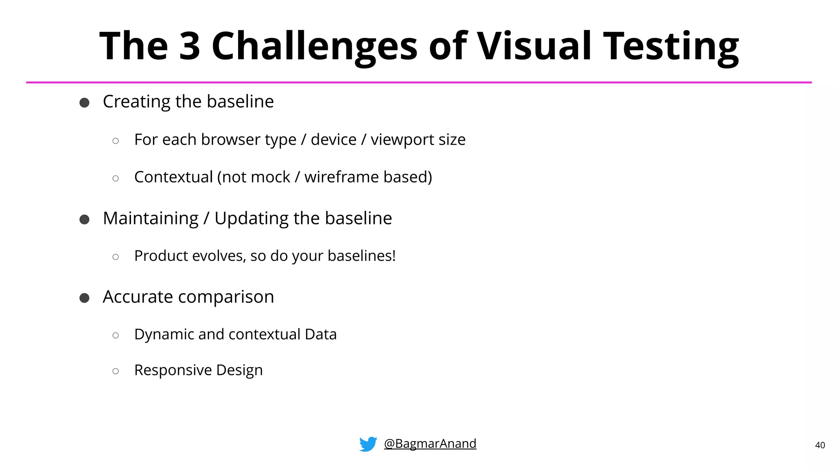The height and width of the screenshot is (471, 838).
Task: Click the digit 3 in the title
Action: [190, 46]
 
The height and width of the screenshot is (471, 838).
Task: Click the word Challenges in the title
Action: [314, 47]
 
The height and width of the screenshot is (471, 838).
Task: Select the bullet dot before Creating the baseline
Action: [84, 103]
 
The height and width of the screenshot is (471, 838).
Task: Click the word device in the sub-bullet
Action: [333, 140]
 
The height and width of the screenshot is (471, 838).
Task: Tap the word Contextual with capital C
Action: [173, 177]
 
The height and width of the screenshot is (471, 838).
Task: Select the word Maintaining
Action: [151, 218]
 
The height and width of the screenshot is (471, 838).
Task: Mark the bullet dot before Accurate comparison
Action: [84, 298]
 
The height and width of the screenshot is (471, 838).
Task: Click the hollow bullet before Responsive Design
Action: [116, 371]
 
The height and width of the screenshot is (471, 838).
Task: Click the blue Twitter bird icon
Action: [368, 444]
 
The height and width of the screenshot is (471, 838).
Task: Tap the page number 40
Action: [820, 445]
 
